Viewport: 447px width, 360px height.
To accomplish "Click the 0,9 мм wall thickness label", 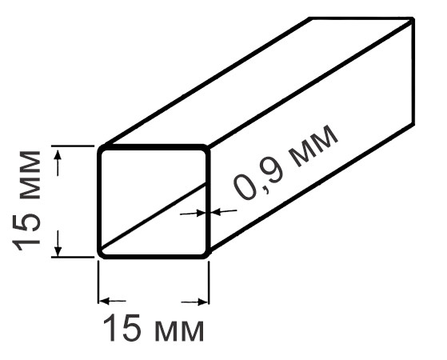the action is click(285, 162).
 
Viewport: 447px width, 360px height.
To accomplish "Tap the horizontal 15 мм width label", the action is click(154, 328).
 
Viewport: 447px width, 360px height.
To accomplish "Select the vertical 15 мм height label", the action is click(26, 201).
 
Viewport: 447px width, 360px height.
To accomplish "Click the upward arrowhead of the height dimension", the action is click(58, 155).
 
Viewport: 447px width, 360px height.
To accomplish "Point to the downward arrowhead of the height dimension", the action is click(58, 250).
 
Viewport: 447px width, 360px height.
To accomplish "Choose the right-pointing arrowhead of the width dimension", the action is click(202, 302).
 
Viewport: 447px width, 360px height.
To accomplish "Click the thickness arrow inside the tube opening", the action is click(193, 213).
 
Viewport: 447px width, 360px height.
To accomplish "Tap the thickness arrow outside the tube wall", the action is click(225, 211).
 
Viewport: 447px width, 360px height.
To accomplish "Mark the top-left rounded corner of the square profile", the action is click(100, 148).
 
